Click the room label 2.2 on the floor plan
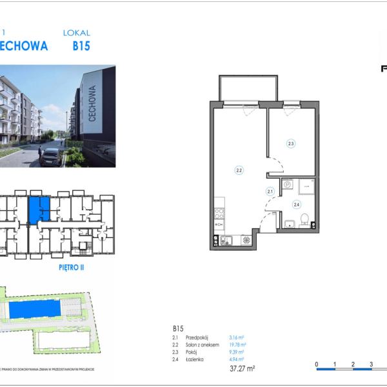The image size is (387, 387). coord(239,170)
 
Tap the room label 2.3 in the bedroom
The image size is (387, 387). coord(291,144)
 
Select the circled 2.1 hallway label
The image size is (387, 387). coord(271,191)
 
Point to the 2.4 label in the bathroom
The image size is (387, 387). coord(297,205)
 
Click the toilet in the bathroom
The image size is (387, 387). coord(304,217)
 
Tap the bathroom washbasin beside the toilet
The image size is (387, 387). coord(289,224)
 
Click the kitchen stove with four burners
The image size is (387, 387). coord(219,212)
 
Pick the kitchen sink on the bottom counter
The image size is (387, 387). coord(226,241)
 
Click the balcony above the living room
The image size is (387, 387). coord(249,88)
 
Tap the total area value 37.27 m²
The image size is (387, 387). coord(243,368)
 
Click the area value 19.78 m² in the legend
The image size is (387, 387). coord(237,345)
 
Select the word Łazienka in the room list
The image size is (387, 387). coord(195,359)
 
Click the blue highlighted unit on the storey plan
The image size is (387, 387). coord(39,209)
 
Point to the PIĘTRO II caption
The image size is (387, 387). coord(72,266)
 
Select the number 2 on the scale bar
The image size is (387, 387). coord(353,364)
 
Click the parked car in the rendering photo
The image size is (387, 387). coord(50,156)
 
